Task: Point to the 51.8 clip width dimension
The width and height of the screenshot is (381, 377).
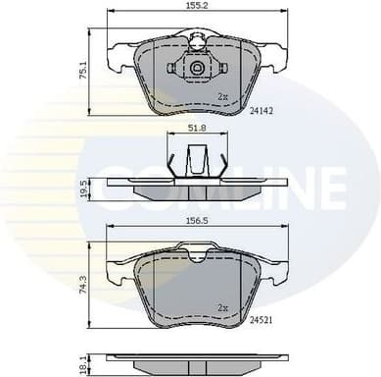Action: click(x=199, y=127)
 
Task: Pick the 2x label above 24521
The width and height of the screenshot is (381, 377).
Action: click(x=222, y=307)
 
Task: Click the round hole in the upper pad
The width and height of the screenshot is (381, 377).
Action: click(x=199, y=69)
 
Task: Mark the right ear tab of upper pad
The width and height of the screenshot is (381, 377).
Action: click(x=281, y=57)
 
